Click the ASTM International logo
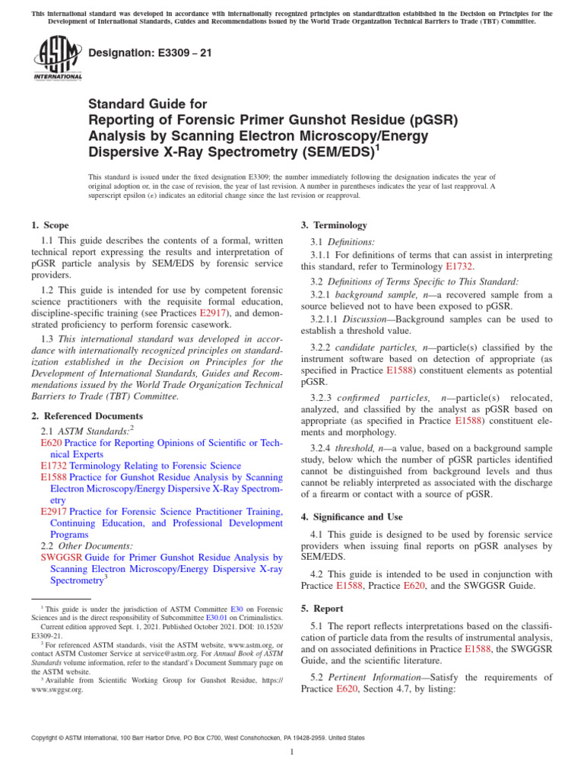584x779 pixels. [57, 59]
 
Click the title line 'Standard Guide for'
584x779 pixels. [148, 103]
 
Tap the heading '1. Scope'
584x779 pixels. [49, 225]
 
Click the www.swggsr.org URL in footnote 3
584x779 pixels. [58, 690]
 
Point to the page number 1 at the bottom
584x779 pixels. [292, 752]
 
